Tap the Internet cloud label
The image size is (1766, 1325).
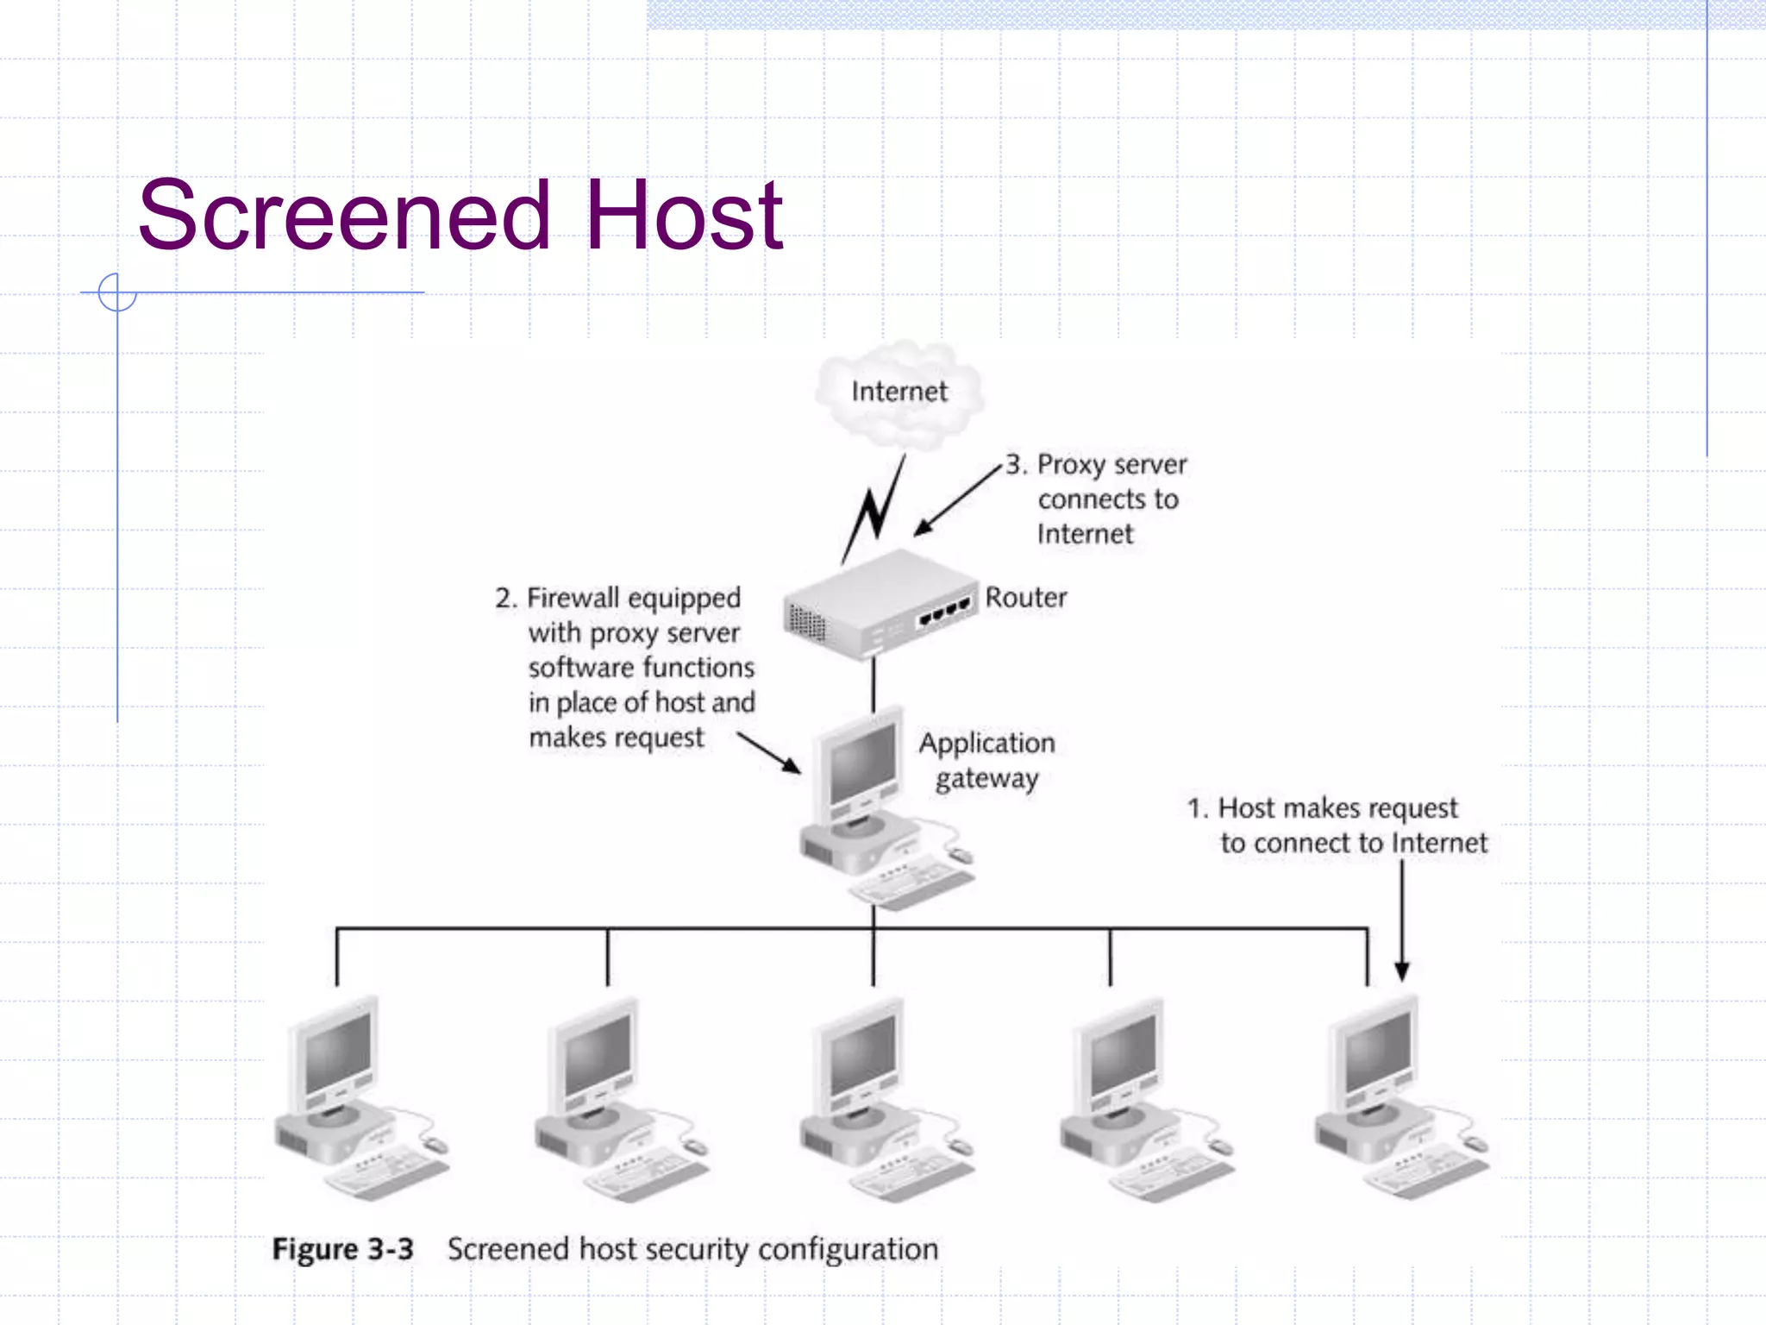click(x=899, y=392)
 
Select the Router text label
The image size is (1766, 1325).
click(x=1025, y=597)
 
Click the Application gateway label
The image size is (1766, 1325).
click(x=986, y=760)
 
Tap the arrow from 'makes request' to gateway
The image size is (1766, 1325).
click(x=769, y=753)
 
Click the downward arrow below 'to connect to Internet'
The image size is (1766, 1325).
click(x=1402, y=923)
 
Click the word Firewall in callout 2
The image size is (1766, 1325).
click(x=573, y=597)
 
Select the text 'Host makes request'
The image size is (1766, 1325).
click(x=1337, y=808)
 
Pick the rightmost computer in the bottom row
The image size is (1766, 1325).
click(x=1397, y=1096)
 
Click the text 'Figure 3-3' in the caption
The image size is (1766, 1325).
click(x=342, y=1249)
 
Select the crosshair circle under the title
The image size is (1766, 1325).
click(x=117, y=292)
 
